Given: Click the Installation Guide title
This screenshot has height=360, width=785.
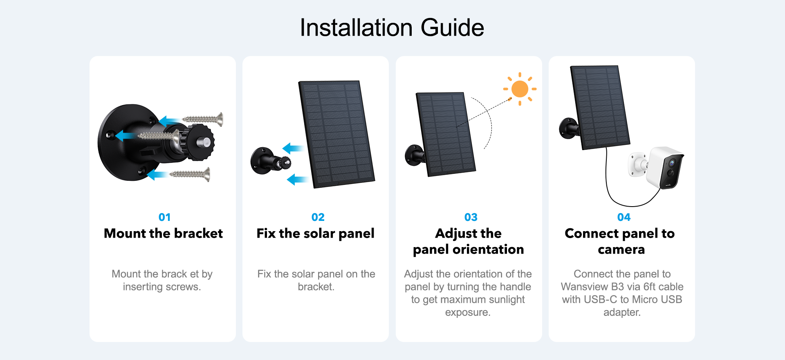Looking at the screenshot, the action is coord(392,28).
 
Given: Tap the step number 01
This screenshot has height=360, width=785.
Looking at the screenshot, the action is coord(164,217).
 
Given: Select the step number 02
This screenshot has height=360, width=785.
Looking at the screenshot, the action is coord(318,217).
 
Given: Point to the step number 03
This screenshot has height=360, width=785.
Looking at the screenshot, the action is coord(471,217).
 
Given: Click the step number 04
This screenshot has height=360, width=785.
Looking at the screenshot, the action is coord(624,217).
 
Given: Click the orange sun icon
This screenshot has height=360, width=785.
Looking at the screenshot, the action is coord(520,89).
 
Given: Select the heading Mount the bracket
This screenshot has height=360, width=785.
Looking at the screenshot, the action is coord(163,234).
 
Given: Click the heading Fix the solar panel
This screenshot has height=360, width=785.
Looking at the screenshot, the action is coord(315,234).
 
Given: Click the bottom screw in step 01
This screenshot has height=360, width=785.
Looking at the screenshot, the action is coord(190,174).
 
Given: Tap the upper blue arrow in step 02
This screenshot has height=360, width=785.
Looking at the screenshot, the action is coord(292,148).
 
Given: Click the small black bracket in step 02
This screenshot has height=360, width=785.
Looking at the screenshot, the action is coord(270,161).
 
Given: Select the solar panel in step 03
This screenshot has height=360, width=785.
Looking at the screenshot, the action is coord(446,134).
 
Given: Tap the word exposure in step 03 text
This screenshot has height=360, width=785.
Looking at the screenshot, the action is coord(467,313).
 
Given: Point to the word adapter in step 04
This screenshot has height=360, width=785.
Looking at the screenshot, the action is coord(621,313).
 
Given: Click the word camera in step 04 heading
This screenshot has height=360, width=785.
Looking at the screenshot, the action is coord(621,250).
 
